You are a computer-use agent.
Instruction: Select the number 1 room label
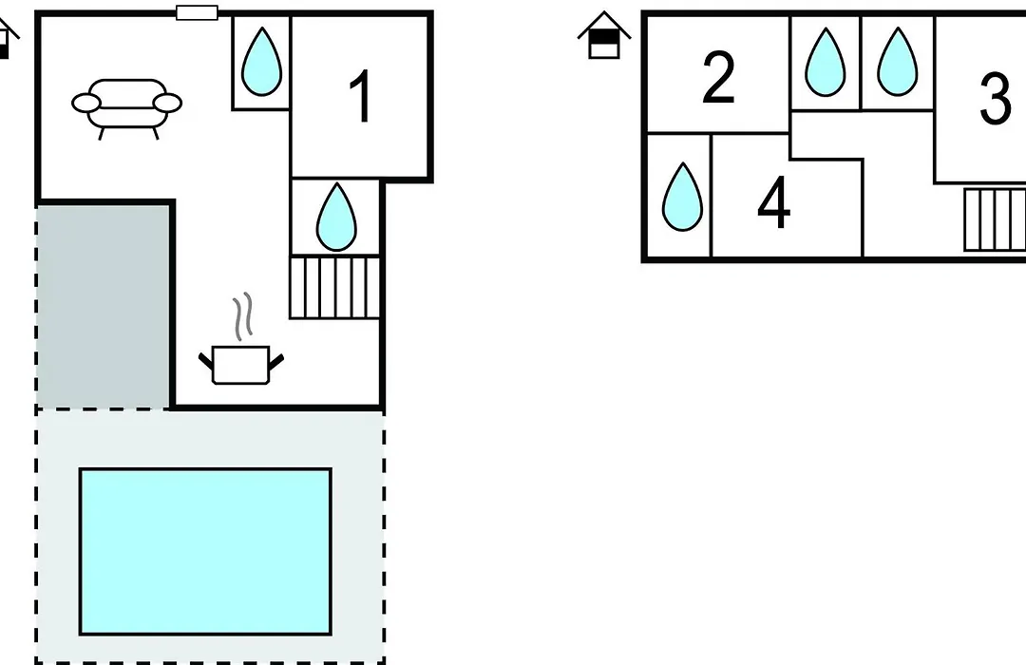click(x=361, y=97)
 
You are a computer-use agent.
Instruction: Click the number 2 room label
click(x=718, y=78)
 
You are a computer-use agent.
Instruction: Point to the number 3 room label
click(x=996, y=98)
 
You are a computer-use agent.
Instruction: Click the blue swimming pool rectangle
click(x=205, y=551)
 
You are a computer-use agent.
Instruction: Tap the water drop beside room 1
click(x=262, y=61)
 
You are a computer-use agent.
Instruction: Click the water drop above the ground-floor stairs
click(x=336, y=217)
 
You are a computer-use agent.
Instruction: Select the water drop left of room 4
click(x=682, y=197)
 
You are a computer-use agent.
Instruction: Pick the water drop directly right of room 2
click(x=826, y=62)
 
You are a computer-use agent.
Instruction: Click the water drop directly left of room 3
click(x=897, y=62)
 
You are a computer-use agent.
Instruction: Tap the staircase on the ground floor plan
click(x=334, y=288)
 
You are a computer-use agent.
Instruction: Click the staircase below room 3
click(x=995, y=219)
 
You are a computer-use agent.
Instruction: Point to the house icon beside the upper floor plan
click(x=604, y=35)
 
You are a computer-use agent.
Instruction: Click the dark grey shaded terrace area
click(x=103, y=306)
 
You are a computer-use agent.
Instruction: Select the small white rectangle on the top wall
click(x=197, y=13)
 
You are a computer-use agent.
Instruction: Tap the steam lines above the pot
click(x=243, y=316)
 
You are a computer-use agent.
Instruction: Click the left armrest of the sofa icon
click(x=85, y=104)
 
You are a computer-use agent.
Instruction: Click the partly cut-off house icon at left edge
click(x=8, y=39)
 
